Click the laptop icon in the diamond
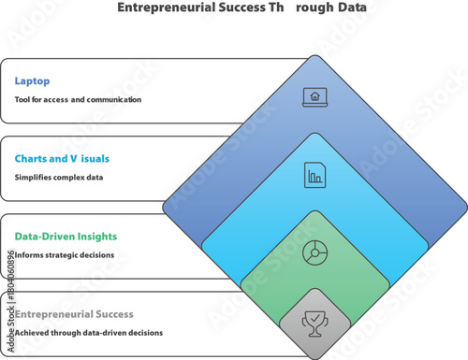[314, 95]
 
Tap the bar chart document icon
[314, 173]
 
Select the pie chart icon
[314, 252]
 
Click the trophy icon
[314, 324]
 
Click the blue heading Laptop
[31, 80]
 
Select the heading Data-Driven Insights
[65, 237]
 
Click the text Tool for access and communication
[78, 99]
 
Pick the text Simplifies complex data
[58, 177]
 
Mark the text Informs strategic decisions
[65, 254]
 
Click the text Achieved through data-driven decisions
[88, 332]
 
